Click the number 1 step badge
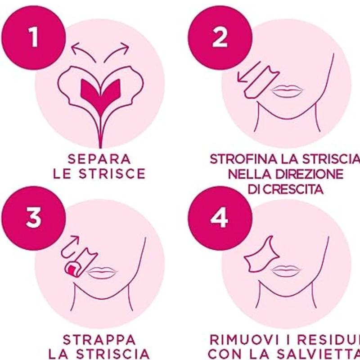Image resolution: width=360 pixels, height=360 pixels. (34, 38)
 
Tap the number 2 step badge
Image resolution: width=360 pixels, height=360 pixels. (220, 38)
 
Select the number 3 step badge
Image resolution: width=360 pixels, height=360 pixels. (34, 218)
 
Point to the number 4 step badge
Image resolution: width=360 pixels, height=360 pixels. (220, 218)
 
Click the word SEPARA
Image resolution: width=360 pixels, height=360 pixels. (99, 159)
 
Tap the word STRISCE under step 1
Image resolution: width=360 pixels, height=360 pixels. (112, 174)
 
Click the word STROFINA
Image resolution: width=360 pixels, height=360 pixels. (243, 159)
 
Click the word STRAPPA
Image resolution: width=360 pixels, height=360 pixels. (99, 340)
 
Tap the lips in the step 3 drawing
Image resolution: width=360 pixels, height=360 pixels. (102, 273)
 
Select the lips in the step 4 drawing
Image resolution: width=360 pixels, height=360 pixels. (286, 271)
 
